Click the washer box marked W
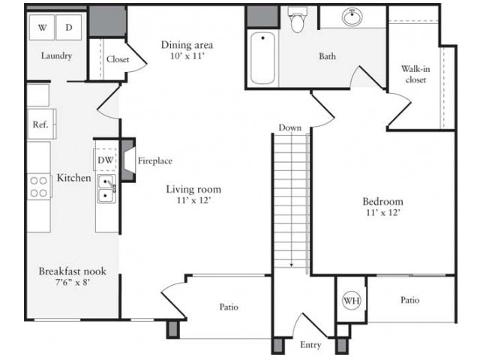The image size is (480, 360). point(42,28)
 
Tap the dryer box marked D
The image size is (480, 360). point(69,28)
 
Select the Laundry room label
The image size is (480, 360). point(56,55)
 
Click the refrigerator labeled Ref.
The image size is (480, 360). point(40,124)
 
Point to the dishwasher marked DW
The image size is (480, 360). point(106,160)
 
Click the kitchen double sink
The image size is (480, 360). point(106,190)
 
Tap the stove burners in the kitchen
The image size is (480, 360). point(39,186)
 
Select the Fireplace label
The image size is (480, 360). point(155,160)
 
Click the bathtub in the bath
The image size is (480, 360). point(262,58)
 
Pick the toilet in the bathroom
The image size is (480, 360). point(297,21)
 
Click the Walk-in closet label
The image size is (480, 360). point(415,73)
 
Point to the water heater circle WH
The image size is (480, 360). point(350,300)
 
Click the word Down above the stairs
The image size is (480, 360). point(289,127)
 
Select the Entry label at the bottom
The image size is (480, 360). point(310,345)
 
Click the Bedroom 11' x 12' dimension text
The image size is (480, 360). point(382,213)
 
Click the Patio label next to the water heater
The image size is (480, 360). point(409,300)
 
